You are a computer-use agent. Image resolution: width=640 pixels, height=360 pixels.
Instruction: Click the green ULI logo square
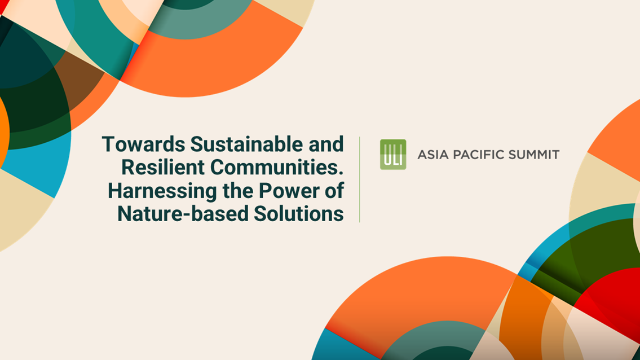(393, 154)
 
